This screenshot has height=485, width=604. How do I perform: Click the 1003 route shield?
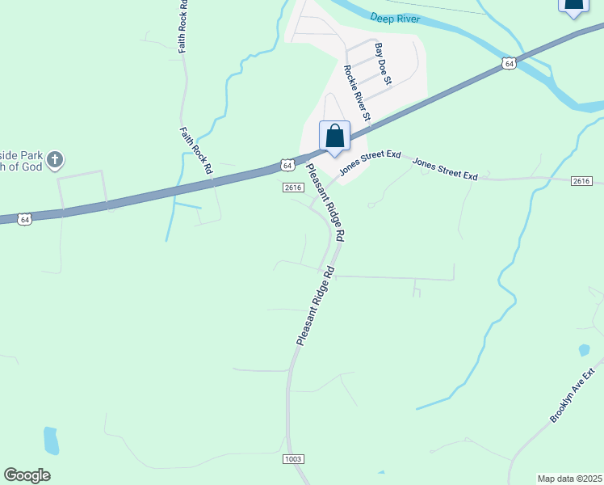coord(293,459)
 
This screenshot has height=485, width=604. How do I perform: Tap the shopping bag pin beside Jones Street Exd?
coord(335,137)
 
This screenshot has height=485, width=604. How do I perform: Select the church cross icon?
coord(54,159)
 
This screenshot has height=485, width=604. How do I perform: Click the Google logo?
coord(27,475)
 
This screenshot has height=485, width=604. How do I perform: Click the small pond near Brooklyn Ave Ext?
coord(584,351)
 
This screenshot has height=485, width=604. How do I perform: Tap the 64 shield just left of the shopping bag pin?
coord(287,165)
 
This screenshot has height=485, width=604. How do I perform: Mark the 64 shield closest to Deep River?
coord(508,62)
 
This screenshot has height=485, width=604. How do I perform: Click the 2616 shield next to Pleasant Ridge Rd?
coord(292,188)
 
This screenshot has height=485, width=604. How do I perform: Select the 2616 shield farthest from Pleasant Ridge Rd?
coord(581,181)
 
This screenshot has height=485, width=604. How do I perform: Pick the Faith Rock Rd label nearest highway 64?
coord(196,151)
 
